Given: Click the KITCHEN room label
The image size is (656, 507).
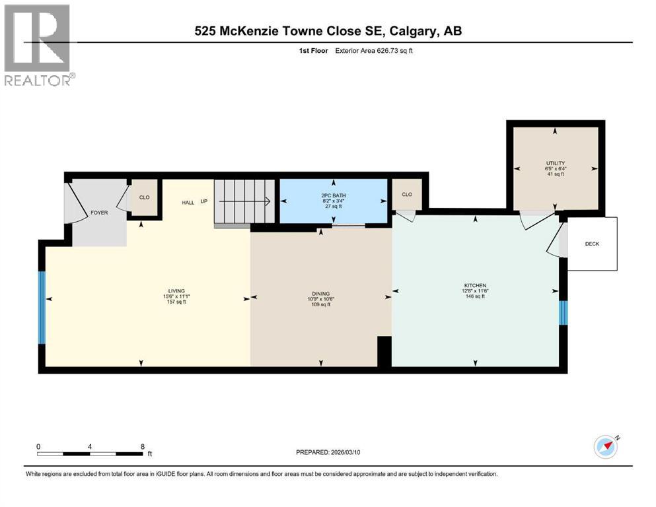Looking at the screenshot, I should point(475,286).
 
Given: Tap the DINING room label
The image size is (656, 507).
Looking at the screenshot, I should point(320,294).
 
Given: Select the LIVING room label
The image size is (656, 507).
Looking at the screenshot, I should point(176,291).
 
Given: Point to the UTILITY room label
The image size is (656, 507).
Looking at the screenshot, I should point(555,163).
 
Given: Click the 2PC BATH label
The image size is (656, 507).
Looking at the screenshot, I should point(334,196).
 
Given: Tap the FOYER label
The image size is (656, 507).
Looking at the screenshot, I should point(98,213).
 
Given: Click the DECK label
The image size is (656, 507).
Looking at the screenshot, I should point(592,244).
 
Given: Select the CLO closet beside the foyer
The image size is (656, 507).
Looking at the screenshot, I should point(144,197).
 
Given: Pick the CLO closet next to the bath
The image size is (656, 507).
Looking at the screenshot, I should point(407,194).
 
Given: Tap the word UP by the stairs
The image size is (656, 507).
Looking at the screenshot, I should point(203,202).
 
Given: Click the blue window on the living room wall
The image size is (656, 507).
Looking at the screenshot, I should point(42,308).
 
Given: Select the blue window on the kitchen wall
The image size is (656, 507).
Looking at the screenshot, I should point(564,312).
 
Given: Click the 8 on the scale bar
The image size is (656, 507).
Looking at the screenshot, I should point(143,446).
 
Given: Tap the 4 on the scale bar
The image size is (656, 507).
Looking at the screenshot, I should point(90,446).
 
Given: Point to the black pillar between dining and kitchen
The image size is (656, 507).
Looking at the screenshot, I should point(384,351).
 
